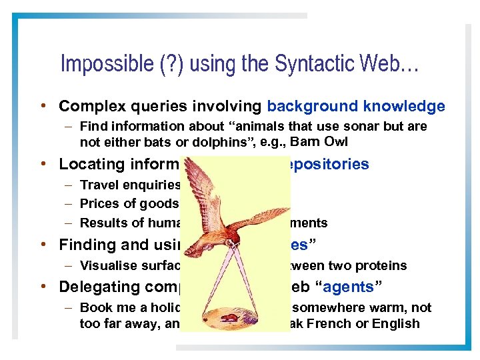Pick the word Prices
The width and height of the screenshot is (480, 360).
[x=97, y=204]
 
